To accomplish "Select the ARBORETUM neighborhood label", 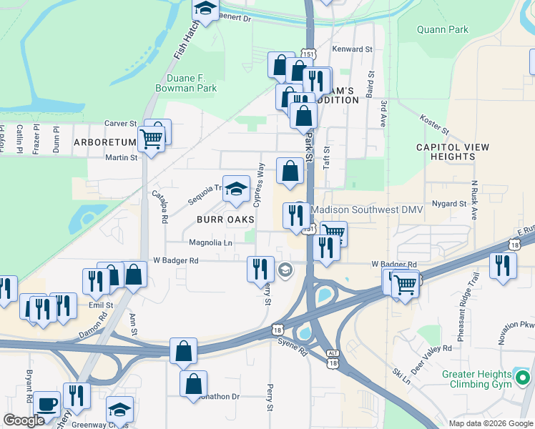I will coord(105,142).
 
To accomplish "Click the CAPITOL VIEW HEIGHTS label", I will coord(453,152).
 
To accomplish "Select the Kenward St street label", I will coord(353,49).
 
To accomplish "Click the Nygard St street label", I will coord(450,204).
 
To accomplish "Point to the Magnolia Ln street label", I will coord(210,243).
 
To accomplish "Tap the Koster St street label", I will coord(433,124).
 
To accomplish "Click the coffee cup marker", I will coord(47,404).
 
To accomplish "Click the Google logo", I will coord(24,420).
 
